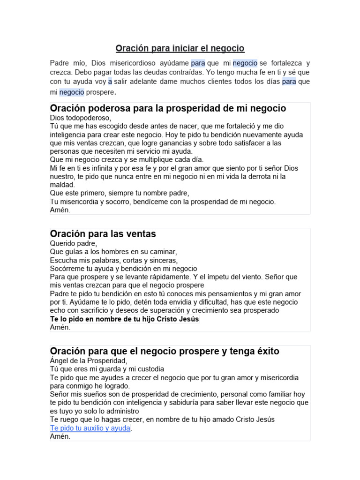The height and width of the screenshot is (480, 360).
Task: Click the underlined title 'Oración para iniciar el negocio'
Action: point(180,49)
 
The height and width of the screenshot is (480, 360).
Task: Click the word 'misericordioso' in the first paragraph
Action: point(136,63)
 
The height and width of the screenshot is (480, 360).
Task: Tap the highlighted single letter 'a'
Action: point(110,82)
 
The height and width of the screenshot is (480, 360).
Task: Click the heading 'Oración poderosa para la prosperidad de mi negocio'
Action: point(168,108)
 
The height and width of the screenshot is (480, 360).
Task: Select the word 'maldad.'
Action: point(62,185)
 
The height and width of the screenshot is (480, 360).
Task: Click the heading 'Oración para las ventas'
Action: point(103,233)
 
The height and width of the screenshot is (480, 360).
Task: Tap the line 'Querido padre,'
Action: point(73,243)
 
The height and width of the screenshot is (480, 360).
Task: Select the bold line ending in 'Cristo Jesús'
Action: point(125,319)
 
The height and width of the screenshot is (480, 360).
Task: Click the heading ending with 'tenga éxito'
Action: point(165,351)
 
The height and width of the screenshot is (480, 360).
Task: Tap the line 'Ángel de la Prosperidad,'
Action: point(89,361)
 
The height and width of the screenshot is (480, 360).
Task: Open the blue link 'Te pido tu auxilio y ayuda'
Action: point(90,428)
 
